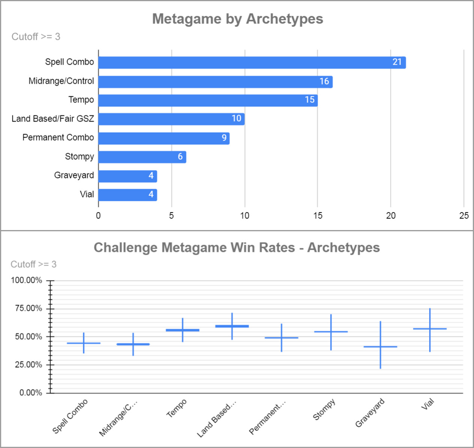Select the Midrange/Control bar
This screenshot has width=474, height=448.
(x=215, y=82)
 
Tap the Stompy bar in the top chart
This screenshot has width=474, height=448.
(x=142, y=157)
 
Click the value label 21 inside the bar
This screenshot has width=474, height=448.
(x=397, y=62)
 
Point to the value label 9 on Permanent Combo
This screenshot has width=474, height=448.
(x=224, y=138)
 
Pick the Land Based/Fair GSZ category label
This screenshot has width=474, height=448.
(x=53, y=119)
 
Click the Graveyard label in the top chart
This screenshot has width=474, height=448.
(x=74, y=175)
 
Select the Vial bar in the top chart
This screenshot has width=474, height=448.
(x=127, y=195)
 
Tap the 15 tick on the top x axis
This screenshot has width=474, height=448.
(x=318, y=216)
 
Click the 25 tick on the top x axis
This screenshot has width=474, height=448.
(x=464, y=216)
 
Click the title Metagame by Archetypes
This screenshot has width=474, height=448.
(x=238, y=19)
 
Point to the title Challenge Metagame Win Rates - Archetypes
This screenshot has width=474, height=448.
(x=237, y=247)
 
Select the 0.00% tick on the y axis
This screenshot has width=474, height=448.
(x=31, y=393)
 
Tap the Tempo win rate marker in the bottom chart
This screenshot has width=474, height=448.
(x=182, y=330)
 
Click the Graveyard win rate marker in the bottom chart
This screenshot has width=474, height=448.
(x=380, y=347)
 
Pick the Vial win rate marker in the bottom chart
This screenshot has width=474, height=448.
(x=430, y=329)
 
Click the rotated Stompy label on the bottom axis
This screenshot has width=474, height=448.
(x=324, y=409)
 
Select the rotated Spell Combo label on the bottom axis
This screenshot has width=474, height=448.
(x=70, y=416)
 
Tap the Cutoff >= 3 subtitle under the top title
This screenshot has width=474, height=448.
(x=36, y=37)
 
